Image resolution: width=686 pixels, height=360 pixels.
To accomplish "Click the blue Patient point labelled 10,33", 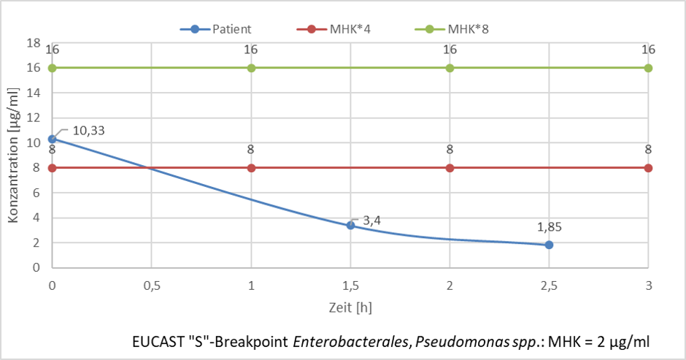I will coord(52,139).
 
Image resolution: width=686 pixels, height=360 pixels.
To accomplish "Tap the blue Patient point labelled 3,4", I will coord(350,226).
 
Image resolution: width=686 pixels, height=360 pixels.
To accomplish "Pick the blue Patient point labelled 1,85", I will coord(549,245).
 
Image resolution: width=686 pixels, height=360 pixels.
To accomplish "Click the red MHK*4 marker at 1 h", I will coord(251,168).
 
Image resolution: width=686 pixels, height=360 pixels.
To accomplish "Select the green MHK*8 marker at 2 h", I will coord(450,68).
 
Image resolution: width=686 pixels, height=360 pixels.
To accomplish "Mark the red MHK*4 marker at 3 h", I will coord(648,168).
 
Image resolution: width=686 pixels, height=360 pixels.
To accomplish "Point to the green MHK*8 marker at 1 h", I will coord(251,68).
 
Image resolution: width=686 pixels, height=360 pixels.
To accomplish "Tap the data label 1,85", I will coord(549,227).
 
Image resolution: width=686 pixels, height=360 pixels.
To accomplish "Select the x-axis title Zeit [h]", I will coord(350,307).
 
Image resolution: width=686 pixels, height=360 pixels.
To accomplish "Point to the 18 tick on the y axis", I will coord(34,43).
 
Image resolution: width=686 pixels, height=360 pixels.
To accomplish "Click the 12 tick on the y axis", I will coord(34,118).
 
